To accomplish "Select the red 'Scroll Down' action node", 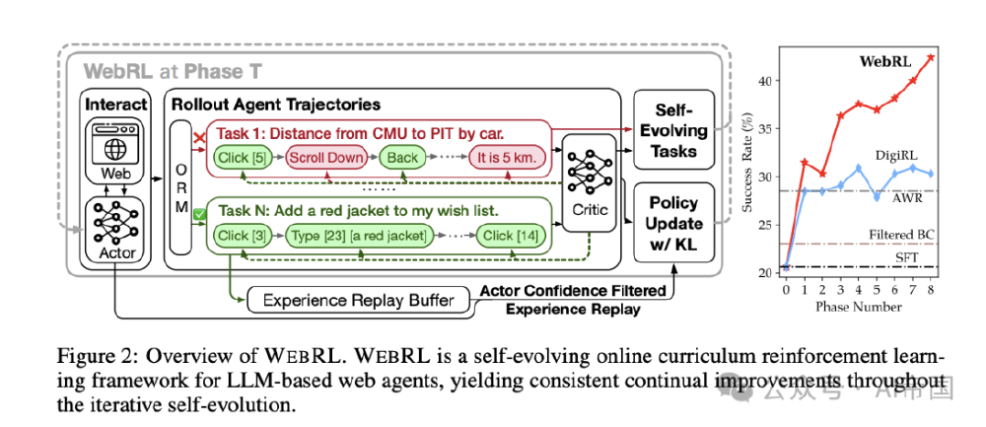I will coord(324,157).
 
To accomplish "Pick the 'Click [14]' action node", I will coord(509,236).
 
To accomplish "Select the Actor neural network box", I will coord(116,227).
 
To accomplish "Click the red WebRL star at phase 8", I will coord(930,57).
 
